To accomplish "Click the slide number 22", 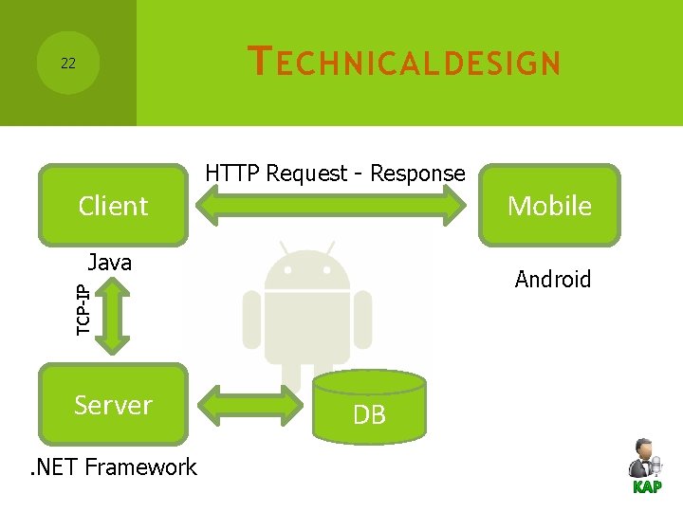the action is (x=67, y=64).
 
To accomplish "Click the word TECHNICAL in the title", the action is (x=342, y=63).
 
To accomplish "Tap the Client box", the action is (x=113, y=206).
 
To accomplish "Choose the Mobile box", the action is (x=549, y=206).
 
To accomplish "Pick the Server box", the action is (x=113, y=405).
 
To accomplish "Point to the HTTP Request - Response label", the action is (x=335, y=174).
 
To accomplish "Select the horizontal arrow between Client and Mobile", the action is (x=335, y=205).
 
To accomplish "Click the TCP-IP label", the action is (x=83, y=309).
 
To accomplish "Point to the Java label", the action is (x=109, y=263).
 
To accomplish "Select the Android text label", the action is (x=552, y=280).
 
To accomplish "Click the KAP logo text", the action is (x=647, y=487).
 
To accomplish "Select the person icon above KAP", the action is (x=645, y=458).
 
